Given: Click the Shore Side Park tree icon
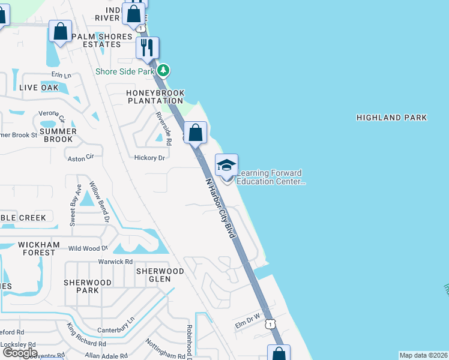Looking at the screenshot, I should tap(163, 71).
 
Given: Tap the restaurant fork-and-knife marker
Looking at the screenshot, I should tap(147, 47).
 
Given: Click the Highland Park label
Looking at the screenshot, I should tap(391, 118).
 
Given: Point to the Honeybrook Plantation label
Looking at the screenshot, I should tap(155, 97).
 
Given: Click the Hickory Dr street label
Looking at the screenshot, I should tap(149, 158).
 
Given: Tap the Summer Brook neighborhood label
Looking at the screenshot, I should tap(58, 135).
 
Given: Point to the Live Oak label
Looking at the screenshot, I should tap(39, 87).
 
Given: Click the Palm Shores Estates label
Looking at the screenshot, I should tap(101, 40).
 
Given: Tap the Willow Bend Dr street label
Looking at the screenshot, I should tap(100, 202).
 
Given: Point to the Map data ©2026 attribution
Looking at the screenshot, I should tap(424, 355).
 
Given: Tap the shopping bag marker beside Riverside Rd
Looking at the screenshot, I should tap(195, 132).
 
